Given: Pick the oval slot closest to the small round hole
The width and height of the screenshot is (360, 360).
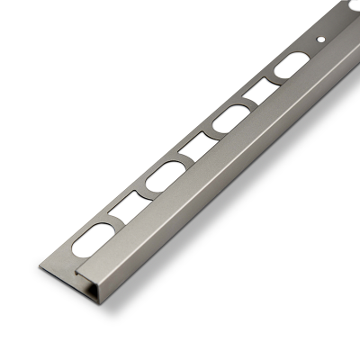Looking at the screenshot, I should tap(290, 68).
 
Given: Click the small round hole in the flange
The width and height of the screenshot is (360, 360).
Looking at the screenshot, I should tap(322, 40).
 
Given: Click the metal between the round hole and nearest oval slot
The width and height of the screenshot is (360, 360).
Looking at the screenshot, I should tap(309, 52).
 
